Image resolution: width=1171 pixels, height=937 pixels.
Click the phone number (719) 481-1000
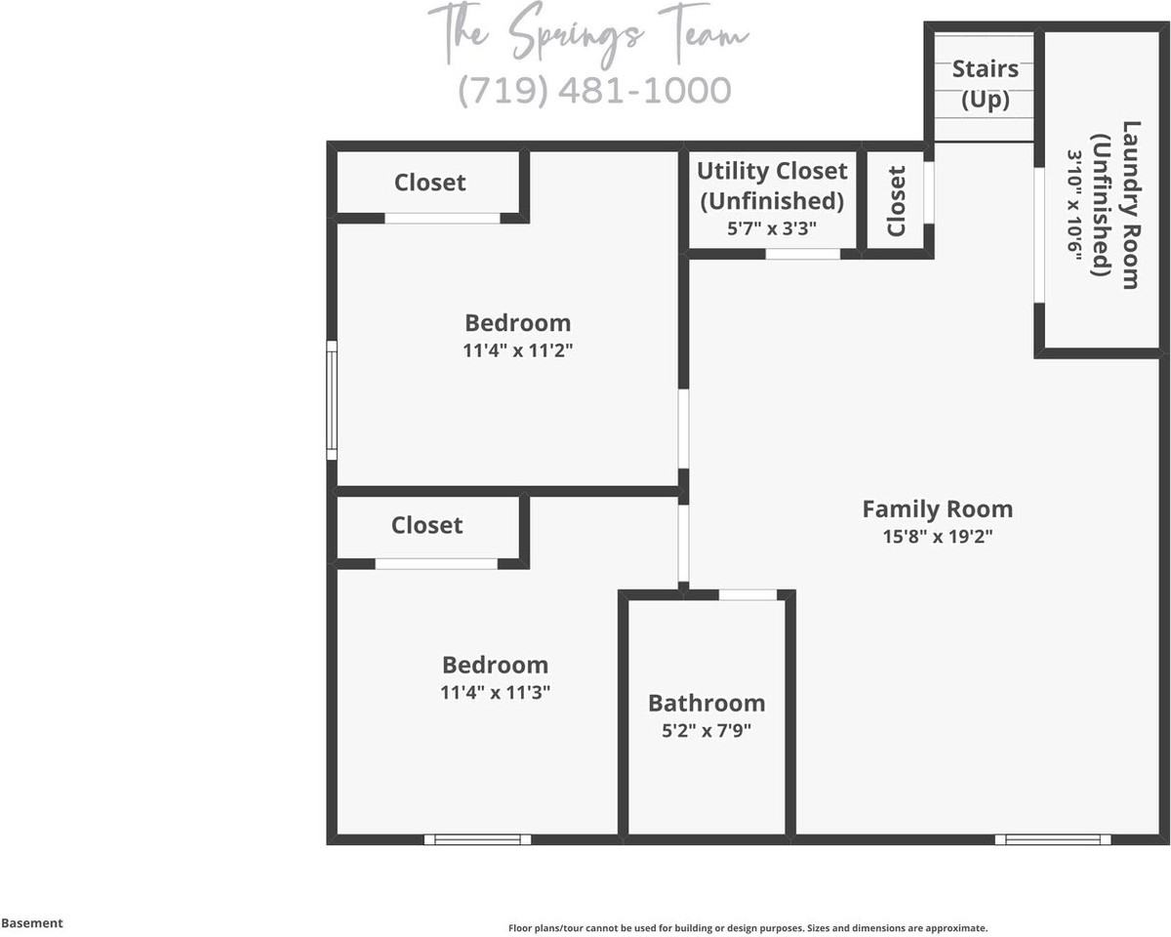coord(594,90)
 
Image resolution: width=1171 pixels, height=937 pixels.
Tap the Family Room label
coord(937,509)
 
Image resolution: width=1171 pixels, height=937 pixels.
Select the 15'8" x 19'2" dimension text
coord(937,536)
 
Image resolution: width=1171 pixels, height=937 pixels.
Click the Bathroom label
coord(707,703)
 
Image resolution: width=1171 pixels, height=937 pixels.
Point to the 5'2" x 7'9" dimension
coord(707,730)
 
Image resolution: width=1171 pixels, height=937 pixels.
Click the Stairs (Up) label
coord(985,84)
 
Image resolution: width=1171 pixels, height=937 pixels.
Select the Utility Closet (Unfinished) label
coord(772,185)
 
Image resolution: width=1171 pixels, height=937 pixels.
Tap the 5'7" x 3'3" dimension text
coord(772,228)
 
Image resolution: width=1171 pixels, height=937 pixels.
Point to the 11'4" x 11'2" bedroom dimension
coord(517,349)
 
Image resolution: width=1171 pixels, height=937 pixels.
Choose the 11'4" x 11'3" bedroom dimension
coord(496,692)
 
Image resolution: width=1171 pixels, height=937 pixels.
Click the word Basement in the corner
coord(32,922)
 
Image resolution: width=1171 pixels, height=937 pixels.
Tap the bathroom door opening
coord(748,594)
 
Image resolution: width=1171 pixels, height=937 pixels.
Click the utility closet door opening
coord(802,254)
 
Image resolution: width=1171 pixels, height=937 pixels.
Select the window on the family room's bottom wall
coord(1053,838)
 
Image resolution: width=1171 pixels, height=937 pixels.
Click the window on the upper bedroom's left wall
coord(332,400)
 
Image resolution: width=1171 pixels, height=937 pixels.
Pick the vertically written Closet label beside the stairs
coord(897,201)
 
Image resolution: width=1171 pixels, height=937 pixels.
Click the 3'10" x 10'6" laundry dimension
coord(1075,204)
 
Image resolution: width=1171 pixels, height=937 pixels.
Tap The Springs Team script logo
coord(588,33)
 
